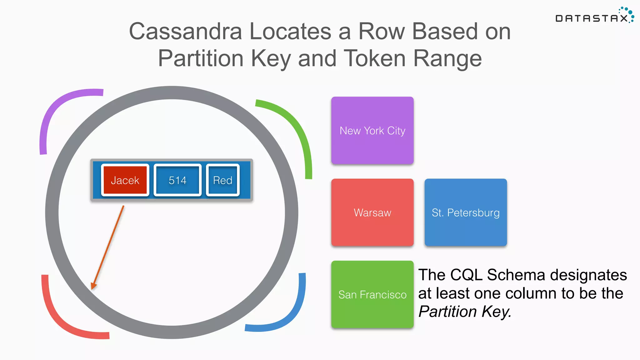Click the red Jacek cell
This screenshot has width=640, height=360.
tap(125, 180)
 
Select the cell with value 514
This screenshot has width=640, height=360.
tap(177, 180)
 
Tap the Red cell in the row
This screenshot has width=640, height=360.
tap(222, 180)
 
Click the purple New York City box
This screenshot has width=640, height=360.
tap(372, 131)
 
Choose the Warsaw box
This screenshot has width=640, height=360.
tap(372, 212)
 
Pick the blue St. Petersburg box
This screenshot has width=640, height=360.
tap(465, 212)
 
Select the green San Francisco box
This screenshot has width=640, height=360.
tap(372, 294)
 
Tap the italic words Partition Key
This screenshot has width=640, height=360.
tap(464, 312)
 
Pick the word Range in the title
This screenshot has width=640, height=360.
tap(447, 58)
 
